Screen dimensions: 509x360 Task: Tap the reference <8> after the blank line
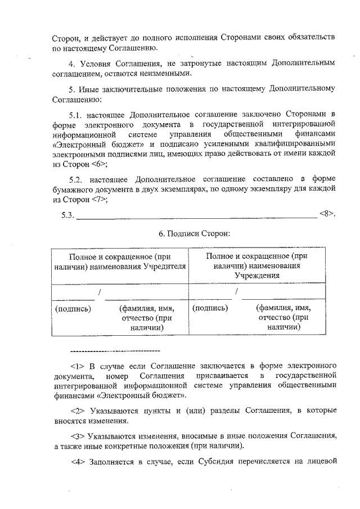(327, 214)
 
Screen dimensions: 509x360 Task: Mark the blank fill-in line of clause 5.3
(196, 217)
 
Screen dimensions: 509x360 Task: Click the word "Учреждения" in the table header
(257, 276)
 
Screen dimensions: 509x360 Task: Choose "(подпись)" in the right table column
(210, 308)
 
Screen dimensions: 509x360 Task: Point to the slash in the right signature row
(237, 292)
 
